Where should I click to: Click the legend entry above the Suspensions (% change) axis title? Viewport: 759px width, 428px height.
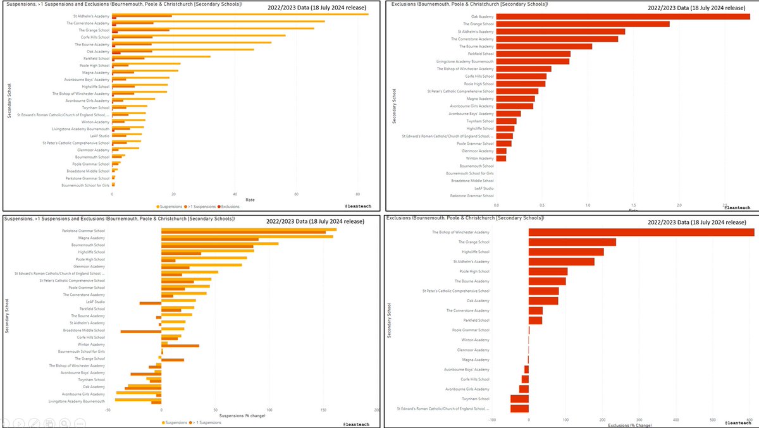click(175, 422)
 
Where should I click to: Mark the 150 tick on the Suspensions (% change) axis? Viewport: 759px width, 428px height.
click(323, 410)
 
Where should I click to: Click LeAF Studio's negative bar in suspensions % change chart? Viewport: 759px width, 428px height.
click(151, 303)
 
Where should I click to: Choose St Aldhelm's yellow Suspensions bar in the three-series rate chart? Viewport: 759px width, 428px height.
click(240, 14)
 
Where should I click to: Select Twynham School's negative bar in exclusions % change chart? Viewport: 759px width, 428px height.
click(519, 399)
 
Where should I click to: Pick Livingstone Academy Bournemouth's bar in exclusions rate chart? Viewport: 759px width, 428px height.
click(533, 61)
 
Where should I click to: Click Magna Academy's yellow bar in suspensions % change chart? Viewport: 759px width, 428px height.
click(247, 236)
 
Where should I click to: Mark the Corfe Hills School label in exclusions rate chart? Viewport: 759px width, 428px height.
click(479, 76)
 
